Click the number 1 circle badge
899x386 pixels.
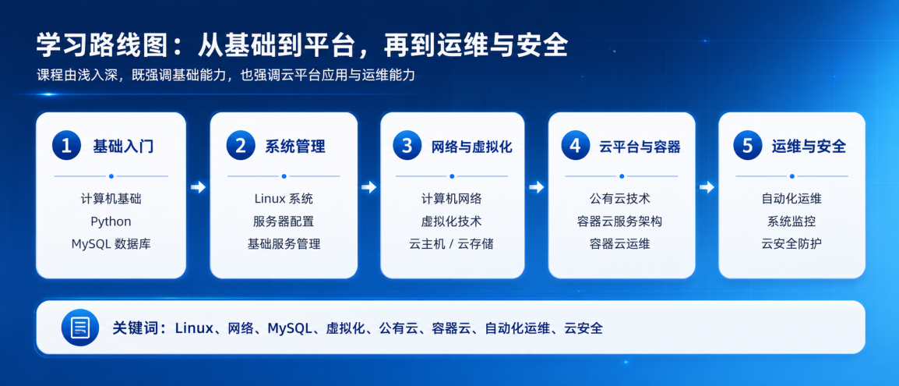pos(66,145)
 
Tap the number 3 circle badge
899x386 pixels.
pos(407,145)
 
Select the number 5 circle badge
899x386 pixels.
pos(748,145)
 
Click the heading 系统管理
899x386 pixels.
pos(294,147)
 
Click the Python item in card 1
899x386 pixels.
pos(111,221)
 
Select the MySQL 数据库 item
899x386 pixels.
pos(111,244)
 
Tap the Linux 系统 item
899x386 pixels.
pos(284,199)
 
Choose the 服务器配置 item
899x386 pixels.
pos(284,221)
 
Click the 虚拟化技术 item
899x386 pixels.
pos(451,221)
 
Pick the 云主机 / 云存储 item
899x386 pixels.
pos(451,244)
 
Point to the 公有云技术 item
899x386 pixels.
pos(620,199)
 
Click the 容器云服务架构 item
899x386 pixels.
pos(620,221)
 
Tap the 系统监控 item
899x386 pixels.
pos(791,221)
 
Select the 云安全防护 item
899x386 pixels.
pos(791,244)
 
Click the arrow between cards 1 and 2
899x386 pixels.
pos(198,187)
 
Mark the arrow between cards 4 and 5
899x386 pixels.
pos(707,187)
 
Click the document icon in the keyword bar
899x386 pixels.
pos(80,328)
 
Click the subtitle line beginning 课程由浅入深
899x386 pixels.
pos(225,75)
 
